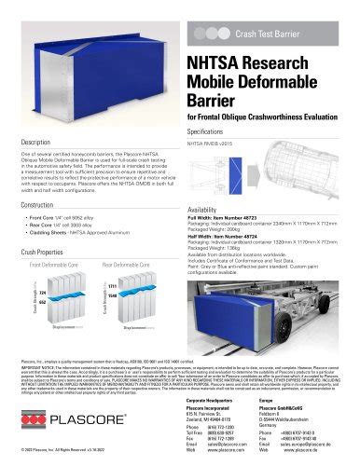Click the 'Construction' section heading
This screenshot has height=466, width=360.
coord(45,204)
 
